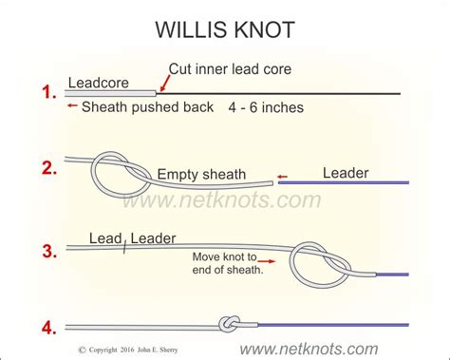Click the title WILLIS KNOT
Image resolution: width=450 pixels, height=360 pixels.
point(224,28)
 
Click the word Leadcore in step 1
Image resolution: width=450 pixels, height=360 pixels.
point(99,83)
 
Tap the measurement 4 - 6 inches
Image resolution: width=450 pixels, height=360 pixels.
point(266,107)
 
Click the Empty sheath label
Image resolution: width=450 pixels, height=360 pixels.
point(200,174)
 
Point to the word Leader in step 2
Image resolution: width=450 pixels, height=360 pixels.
point(346,172)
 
